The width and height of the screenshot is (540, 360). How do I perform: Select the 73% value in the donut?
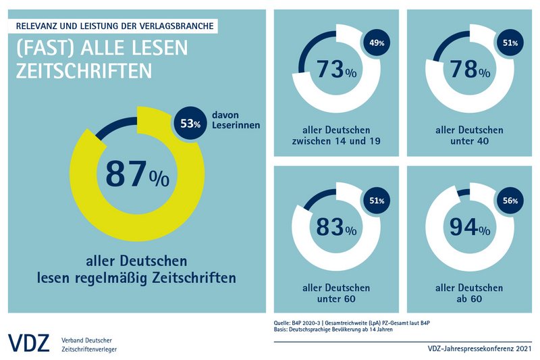[x=331, y=69]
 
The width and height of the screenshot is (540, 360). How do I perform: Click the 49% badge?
[x=376, y=43]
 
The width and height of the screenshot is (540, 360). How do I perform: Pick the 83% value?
[x=331, y=227]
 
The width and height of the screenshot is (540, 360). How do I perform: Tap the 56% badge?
[x=510, y=201]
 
